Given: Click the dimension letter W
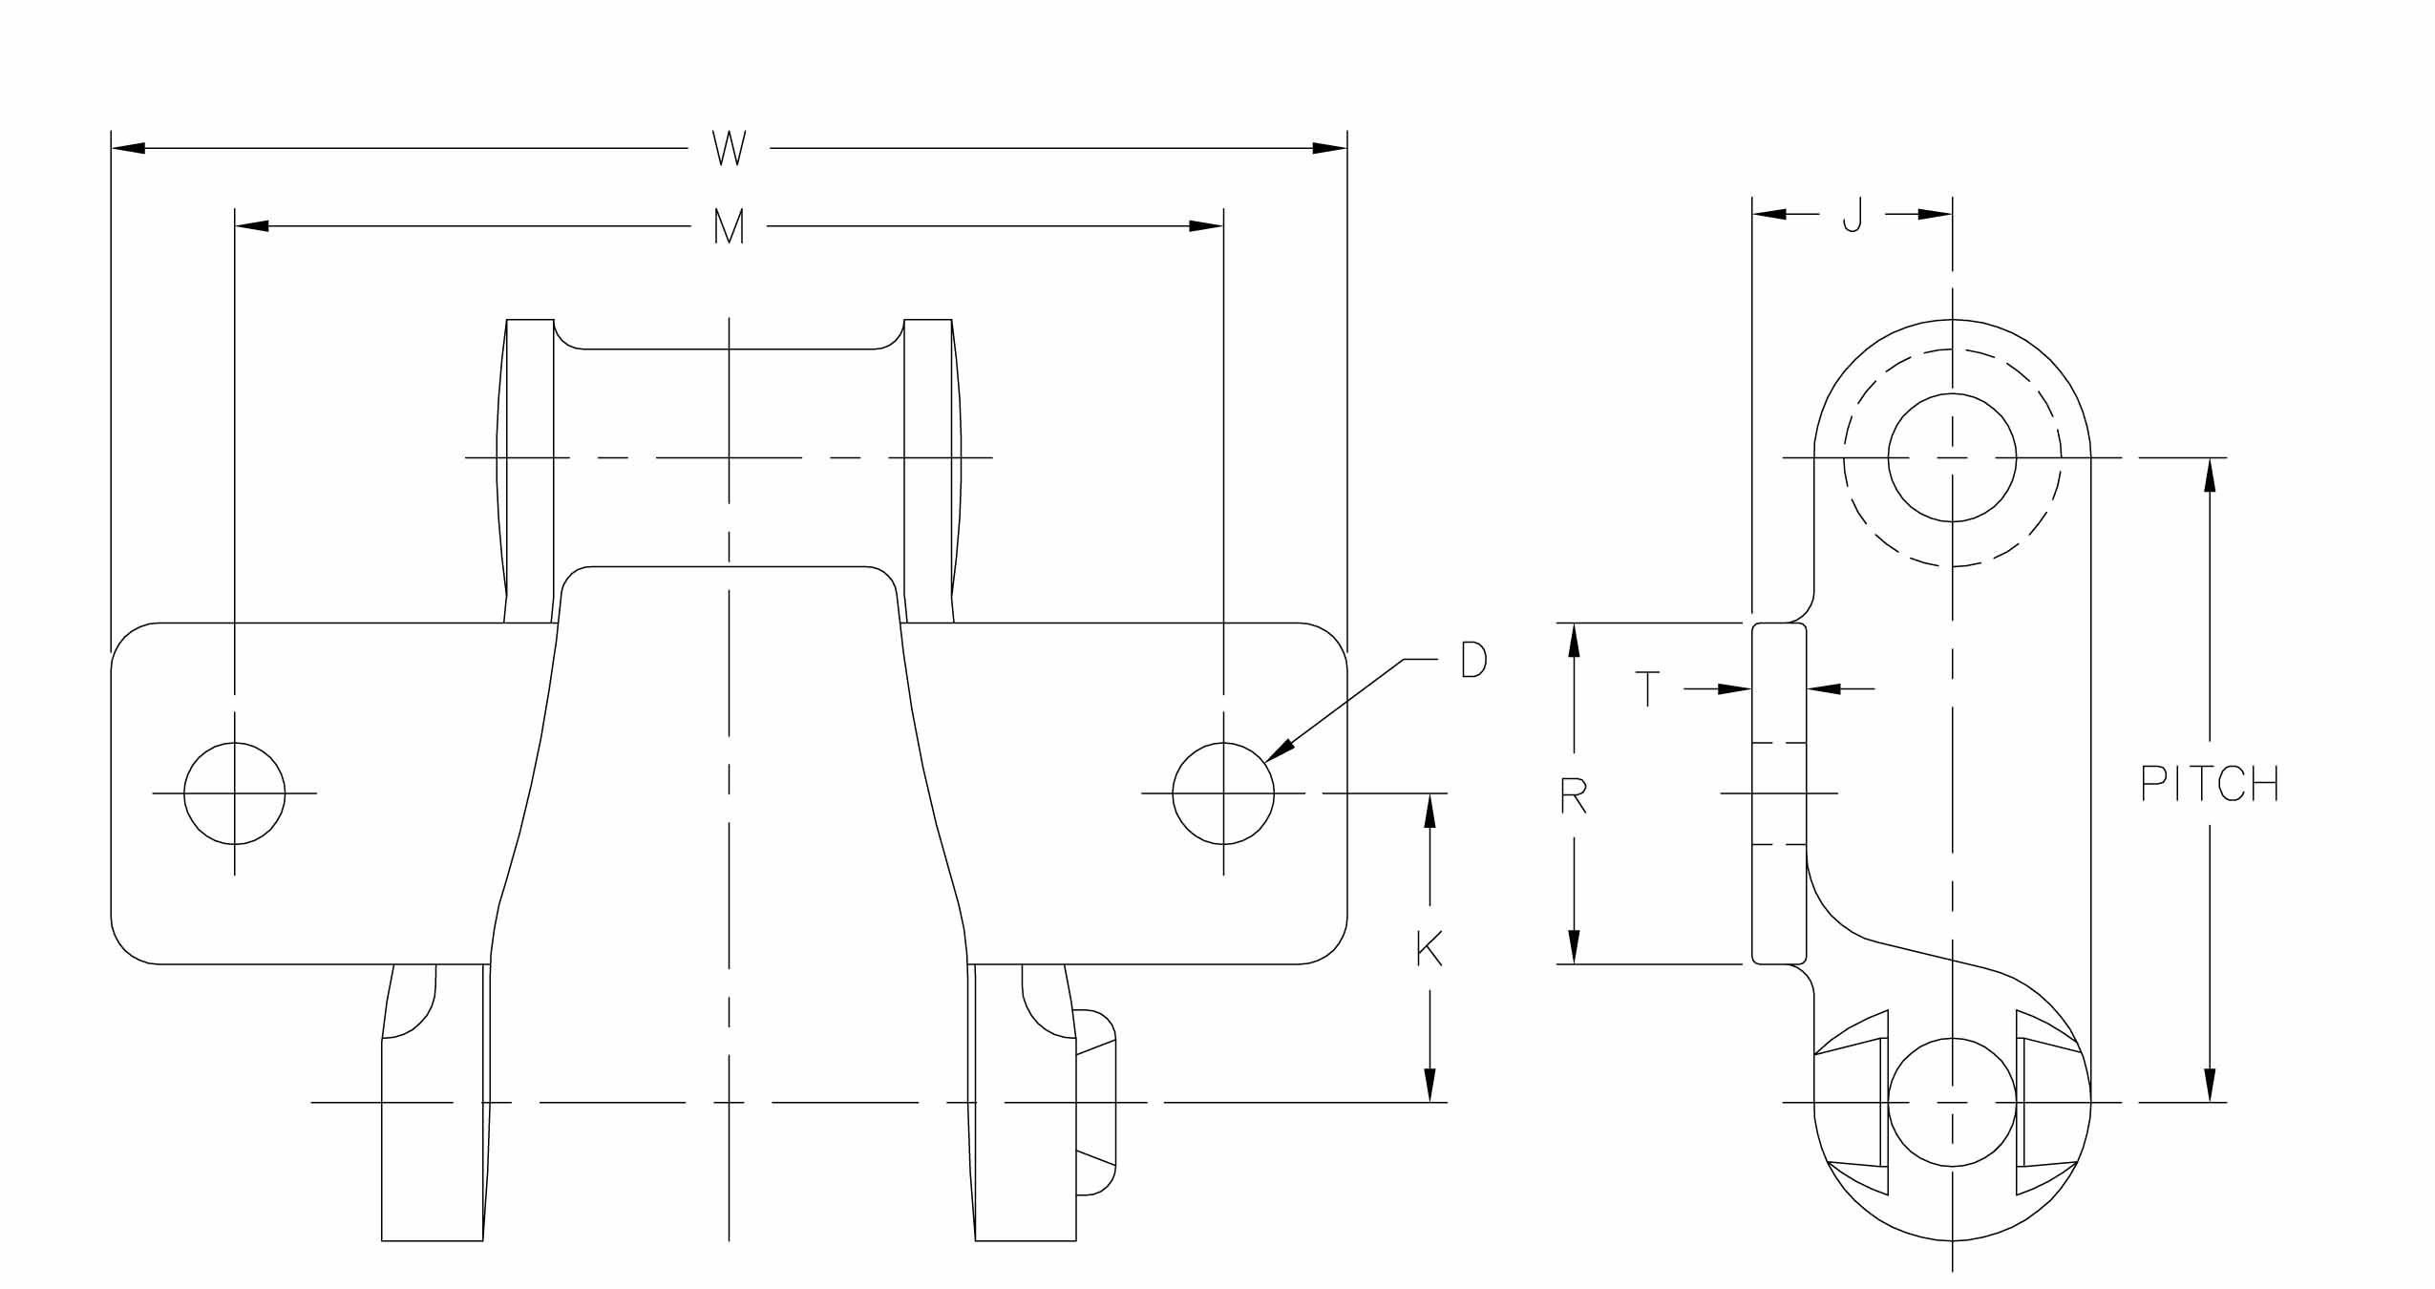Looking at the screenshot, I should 729,149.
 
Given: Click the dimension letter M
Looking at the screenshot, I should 729,226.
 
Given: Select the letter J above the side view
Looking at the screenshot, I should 1852,215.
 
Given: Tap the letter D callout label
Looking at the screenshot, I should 1473,660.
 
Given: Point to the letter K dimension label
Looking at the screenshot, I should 1429,948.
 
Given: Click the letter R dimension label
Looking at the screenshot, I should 1573,794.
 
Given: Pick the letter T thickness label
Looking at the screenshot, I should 1647,687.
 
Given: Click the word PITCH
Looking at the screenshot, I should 2209,785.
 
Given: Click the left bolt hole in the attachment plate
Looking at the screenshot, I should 234,792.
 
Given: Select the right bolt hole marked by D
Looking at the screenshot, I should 1222,792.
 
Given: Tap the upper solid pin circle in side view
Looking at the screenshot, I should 1952,457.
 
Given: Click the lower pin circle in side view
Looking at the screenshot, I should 1952,1102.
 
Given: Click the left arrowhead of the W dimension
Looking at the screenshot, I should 128,148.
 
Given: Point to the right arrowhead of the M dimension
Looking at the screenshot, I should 1206,226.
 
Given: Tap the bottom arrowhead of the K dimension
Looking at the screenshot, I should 1429,1085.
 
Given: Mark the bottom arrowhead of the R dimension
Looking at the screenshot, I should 1574,946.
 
